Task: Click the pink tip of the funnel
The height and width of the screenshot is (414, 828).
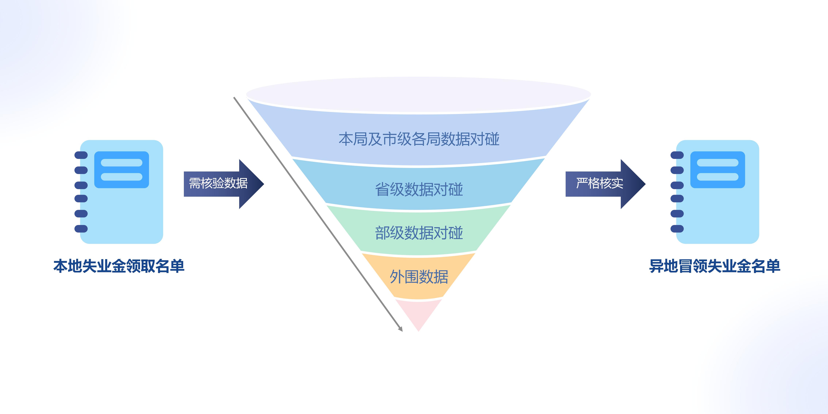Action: click(418, 313)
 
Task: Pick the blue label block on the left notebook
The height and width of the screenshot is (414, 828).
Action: click(121, 170)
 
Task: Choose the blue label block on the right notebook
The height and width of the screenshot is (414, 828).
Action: click(717, 170)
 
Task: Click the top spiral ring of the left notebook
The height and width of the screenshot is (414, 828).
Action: click(81, 155)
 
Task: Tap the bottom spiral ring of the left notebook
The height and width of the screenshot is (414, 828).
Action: click(81, 229)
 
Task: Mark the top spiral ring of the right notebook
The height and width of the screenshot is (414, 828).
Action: click(677, 155)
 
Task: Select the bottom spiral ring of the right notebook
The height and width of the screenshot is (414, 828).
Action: click(677, 229)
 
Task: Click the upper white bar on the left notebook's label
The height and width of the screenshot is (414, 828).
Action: click(121, 163)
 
